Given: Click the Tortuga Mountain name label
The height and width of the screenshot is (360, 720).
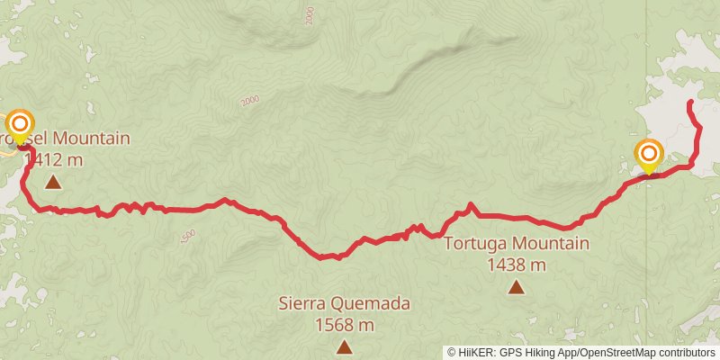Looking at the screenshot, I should (x=516, y=244).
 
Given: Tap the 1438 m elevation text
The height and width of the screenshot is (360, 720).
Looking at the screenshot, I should (x=516, y=265).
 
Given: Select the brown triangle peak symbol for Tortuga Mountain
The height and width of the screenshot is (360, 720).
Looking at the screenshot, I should (x=516, y=287).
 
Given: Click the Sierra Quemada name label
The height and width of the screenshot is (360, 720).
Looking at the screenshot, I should (x=344, y=304).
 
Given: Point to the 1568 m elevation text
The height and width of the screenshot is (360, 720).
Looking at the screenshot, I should (x=344, y=325).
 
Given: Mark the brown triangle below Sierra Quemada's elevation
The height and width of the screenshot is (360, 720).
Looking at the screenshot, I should (x=344, y=346).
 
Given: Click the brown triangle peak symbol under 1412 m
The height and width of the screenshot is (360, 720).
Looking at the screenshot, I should (x=53, y=183).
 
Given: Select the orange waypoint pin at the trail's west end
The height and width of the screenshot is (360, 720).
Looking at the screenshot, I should (x=19, y=125).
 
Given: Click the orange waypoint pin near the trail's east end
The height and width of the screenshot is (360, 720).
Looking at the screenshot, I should (x=648, y=154).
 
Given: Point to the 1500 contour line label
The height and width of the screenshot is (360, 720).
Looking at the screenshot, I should (x=187, y=237).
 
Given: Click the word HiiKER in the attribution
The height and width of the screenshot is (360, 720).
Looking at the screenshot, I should (x=475, y=352).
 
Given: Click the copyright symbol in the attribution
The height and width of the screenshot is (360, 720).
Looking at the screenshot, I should (x=452, y=352).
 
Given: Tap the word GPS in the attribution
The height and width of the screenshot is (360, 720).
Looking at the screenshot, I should (x=508, y=352).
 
